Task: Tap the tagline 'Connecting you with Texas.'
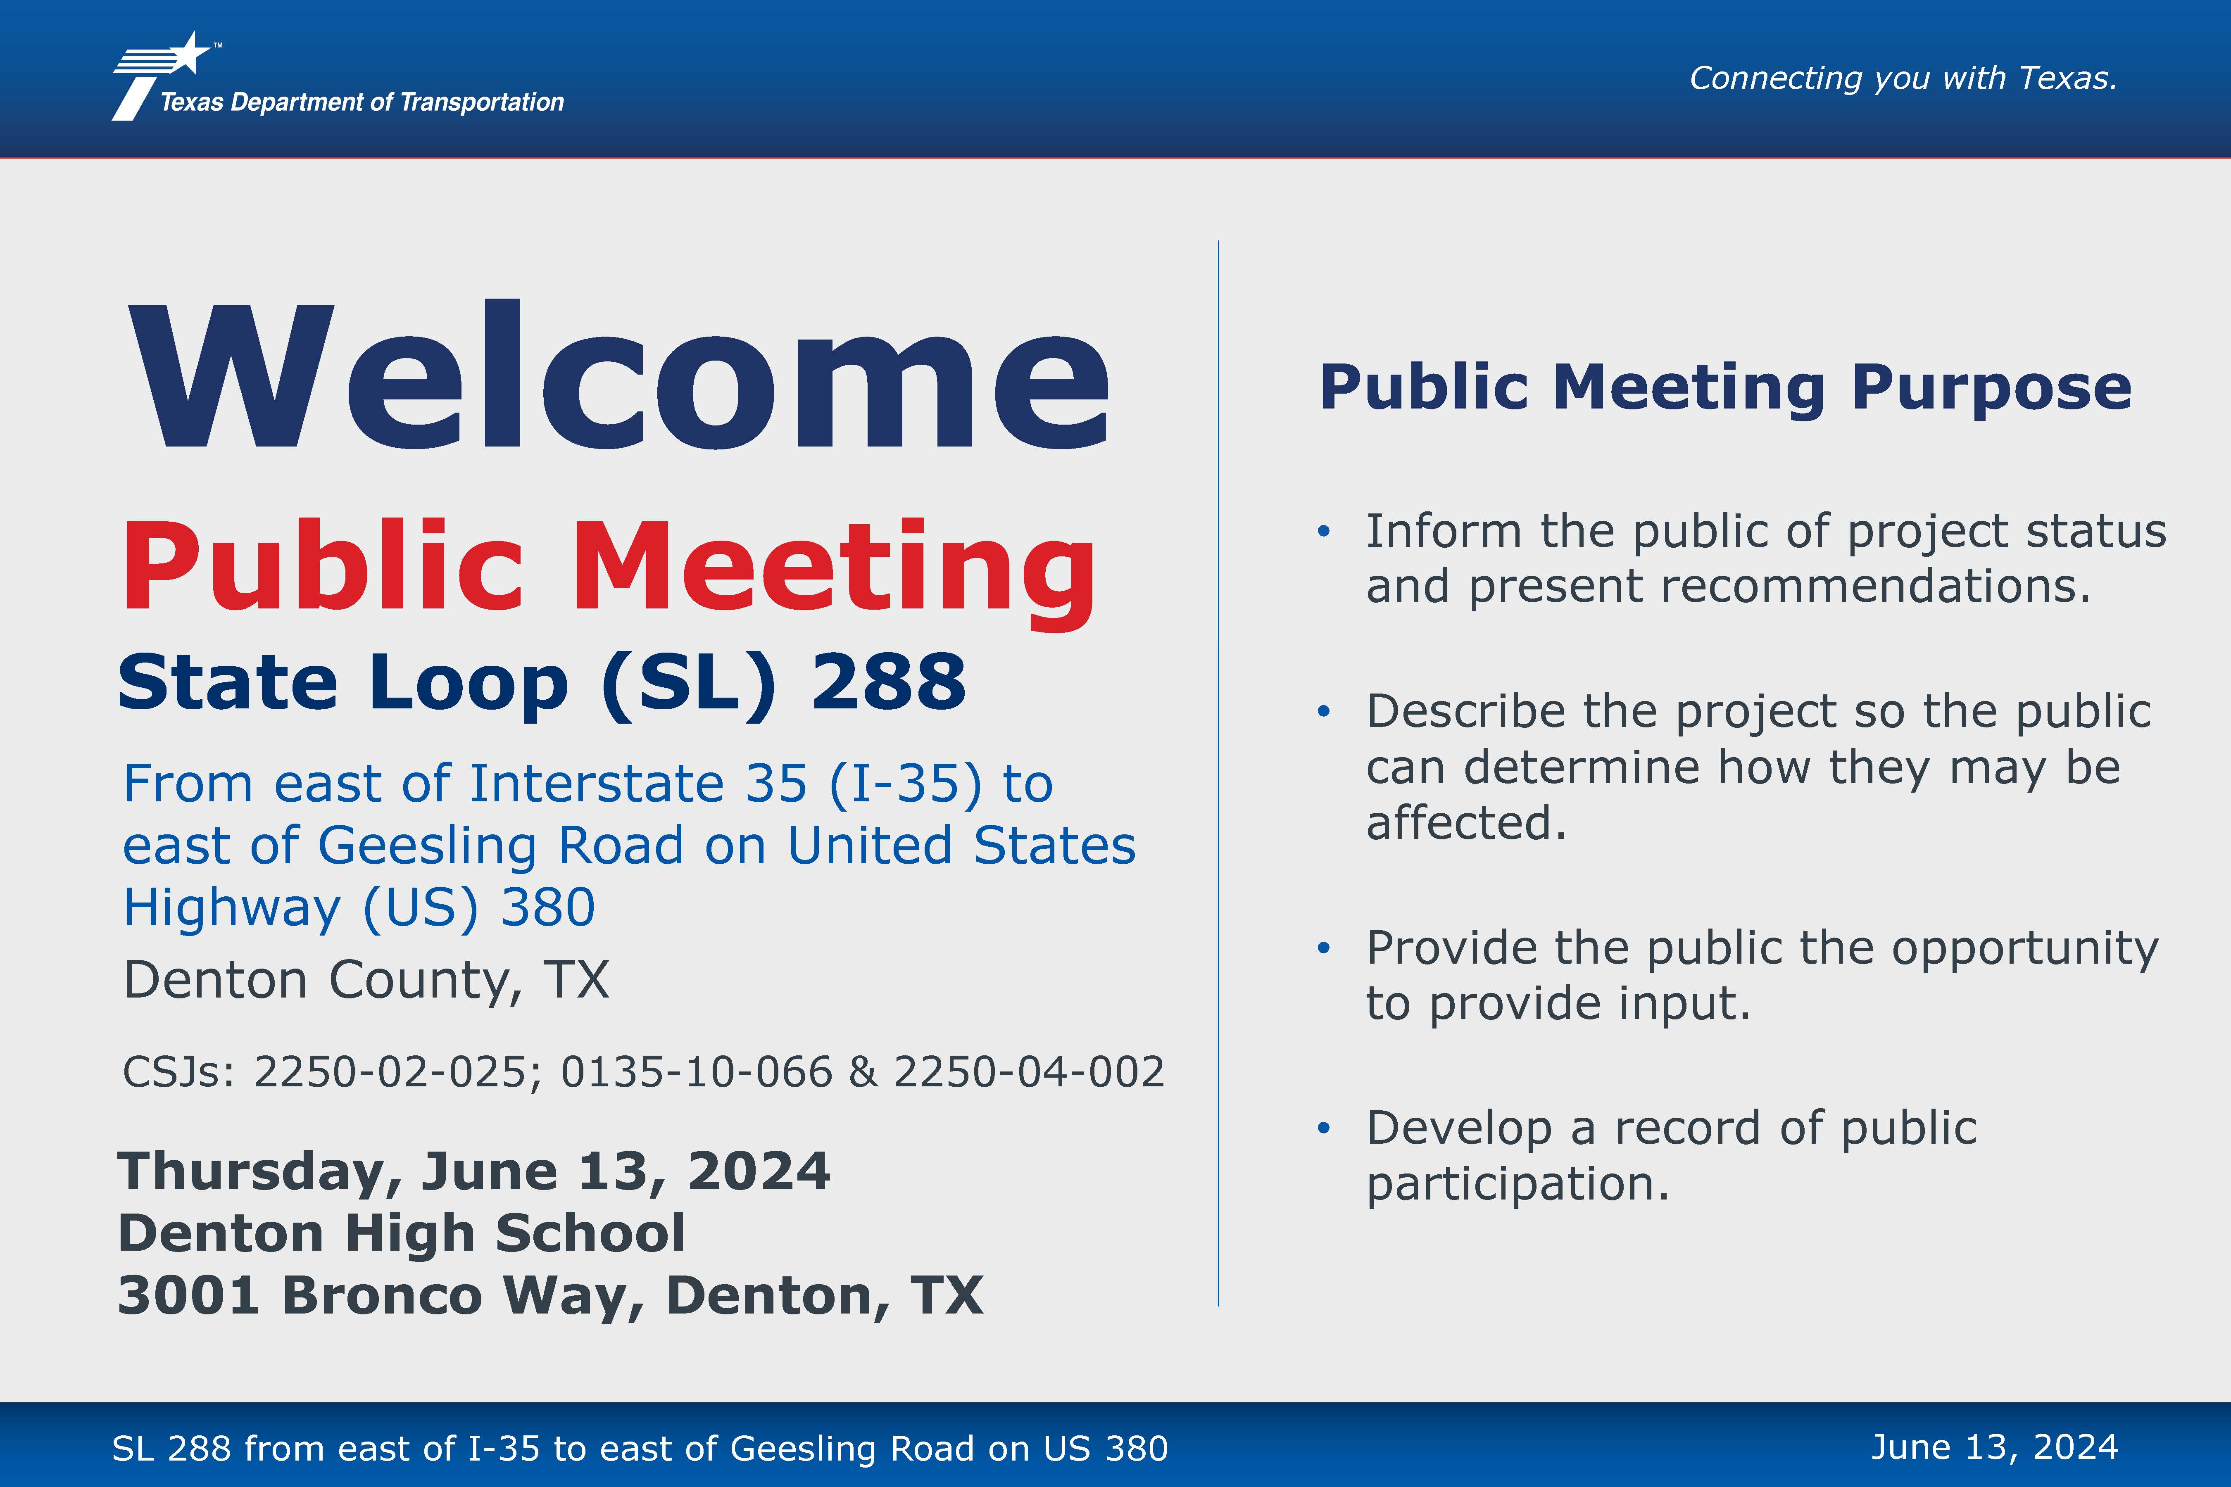pos(1903,78)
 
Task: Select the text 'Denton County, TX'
pos(366,981)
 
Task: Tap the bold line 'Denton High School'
pos(401,1234)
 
